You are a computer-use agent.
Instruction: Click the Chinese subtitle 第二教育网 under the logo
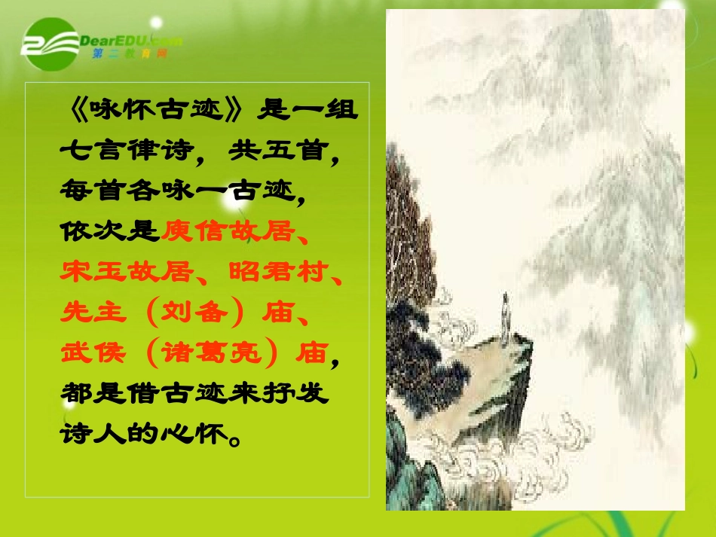click(x=128, y=55)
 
